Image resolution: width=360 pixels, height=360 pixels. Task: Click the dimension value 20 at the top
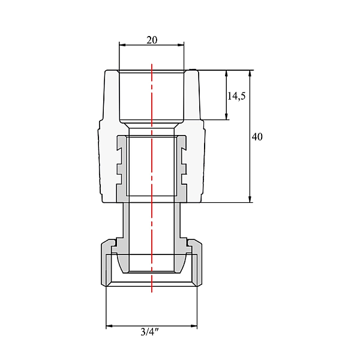(x=152, y=40)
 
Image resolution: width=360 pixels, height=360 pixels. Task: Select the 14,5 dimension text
(x=236, y=96)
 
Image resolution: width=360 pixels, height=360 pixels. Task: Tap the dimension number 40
(x=257, y=137)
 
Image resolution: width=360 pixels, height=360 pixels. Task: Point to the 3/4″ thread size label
(x=149, y=332)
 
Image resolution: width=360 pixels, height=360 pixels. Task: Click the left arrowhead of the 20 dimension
(x=122, y=45)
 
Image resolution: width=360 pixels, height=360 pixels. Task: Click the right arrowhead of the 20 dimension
(x=181, y=45)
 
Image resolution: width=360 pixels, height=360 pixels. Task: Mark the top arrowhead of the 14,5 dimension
(x=226, y=73)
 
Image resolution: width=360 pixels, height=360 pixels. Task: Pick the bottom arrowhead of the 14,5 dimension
(x=226, y=116)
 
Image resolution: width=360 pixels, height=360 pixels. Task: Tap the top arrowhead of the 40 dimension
(x=250, y=73)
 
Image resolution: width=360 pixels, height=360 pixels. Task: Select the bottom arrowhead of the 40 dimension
(x=250, y=199)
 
